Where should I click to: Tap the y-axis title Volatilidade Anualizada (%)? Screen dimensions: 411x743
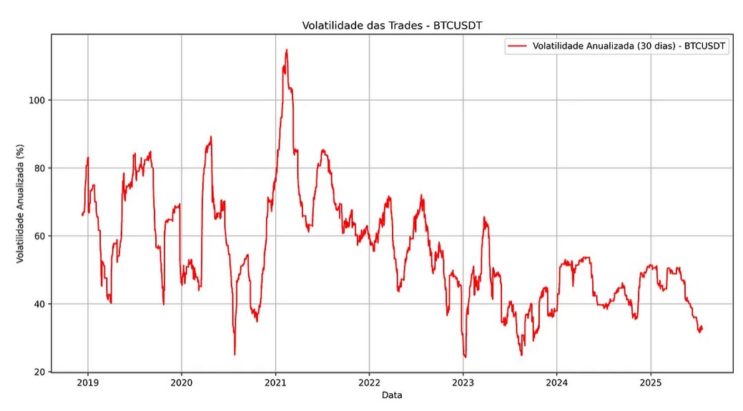21,203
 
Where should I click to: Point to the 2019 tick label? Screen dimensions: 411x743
88,383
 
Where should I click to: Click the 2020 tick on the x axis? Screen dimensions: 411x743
182,383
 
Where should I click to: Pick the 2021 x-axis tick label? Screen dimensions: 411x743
275,383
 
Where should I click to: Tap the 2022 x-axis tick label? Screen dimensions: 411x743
369,383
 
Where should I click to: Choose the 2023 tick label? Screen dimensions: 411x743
463,383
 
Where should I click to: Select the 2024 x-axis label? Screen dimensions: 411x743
556,383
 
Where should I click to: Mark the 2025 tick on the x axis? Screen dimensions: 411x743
650,383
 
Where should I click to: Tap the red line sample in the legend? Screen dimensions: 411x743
517,46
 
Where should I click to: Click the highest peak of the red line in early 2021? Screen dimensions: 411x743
287,50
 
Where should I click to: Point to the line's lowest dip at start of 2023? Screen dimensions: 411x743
466,357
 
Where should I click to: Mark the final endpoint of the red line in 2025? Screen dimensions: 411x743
702,328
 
